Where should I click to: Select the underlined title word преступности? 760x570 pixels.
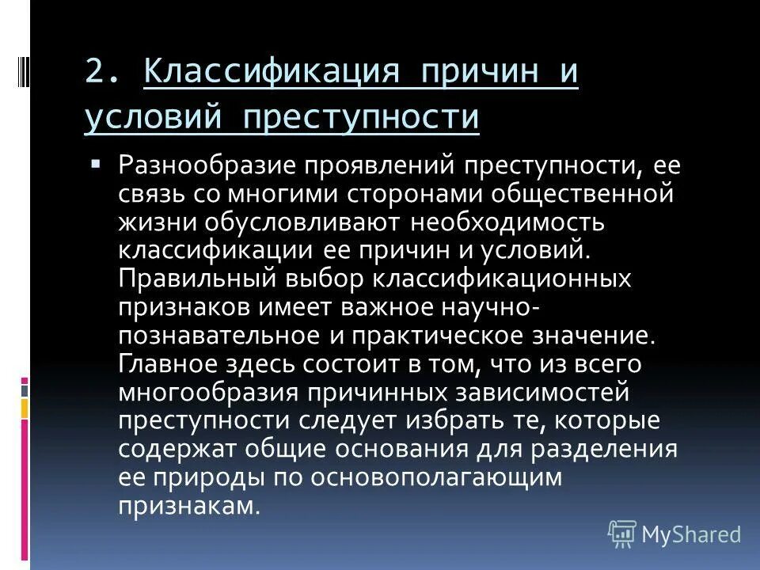(362, 117)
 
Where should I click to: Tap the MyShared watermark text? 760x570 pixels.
(691, 534)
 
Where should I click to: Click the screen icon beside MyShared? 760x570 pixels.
(622, 534)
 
